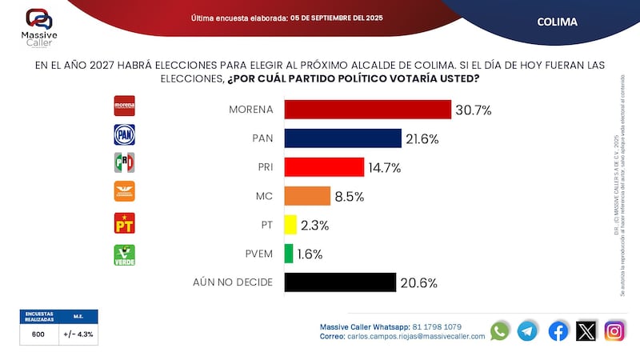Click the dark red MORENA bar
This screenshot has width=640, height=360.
[x=367, y=110]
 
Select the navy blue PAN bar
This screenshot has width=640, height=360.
[x=342, y=138]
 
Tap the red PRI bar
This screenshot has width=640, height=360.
[x=323, y=167]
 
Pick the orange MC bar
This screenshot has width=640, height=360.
[x=307, y=196]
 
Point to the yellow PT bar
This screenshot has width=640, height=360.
[x=290, y=225]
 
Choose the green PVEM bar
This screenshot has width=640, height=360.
[x=289, y=254]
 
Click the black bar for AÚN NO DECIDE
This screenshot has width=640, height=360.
[x=340, y=282]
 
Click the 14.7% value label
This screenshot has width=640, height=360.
[x=384, y=167]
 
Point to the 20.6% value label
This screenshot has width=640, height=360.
[x=418, y=282]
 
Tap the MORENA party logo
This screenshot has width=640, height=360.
[x=125, y=106]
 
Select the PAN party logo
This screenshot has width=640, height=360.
[x=125, y=134]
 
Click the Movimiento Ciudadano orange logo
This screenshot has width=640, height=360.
[x=125, y=191]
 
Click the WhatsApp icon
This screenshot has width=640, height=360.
[x=500, y=330]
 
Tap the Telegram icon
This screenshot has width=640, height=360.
[x=527, y=330]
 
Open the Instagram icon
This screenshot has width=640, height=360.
[x=614, y=330]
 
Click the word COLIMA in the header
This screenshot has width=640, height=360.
[x=557, y=22]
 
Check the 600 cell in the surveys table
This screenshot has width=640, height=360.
[x=39, y=336]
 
